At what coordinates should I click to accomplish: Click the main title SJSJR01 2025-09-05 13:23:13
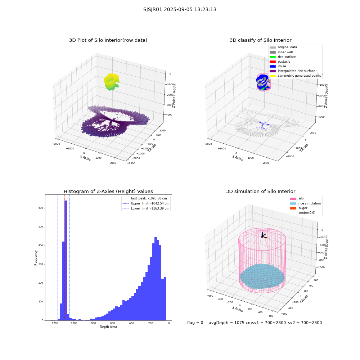(180, 10)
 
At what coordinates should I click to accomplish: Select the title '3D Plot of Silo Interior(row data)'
(108, 40)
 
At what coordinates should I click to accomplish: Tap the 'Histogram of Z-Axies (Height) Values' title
(108, 192)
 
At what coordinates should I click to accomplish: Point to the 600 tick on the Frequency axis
(41, 208)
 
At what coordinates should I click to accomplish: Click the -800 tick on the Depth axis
(93, 323)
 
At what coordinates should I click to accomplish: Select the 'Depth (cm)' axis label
(108, 327)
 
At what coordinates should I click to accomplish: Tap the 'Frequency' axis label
(36, 258)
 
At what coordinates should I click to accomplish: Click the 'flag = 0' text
(195, 323)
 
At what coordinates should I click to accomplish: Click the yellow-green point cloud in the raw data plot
(111, 81)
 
